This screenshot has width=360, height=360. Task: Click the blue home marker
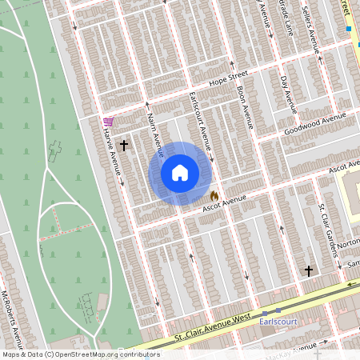coord(180,173)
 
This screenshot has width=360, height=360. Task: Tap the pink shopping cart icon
coord(108,122)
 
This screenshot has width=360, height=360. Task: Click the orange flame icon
coord(214,196)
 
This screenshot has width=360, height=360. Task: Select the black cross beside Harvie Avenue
coord(124,146)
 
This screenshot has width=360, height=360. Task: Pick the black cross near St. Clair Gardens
coord(309,270)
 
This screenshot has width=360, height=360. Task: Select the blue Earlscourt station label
coord(278,322)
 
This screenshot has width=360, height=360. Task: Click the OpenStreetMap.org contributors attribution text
coord(109,354)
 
